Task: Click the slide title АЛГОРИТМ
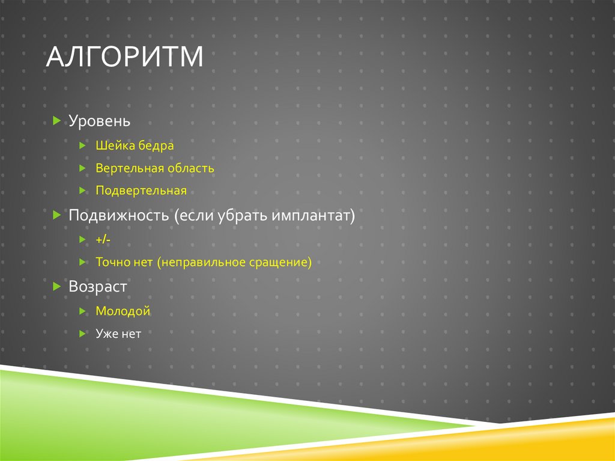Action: click(125, 58)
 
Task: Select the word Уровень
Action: click(99, 121)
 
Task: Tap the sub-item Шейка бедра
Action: click(135, 145)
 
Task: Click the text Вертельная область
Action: click(154, 168)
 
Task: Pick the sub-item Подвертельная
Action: click(141, 191)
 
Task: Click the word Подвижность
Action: click(120, 215)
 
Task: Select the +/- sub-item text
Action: click(103, 240)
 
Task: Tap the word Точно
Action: click(111, 263)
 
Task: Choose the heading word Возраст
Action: click(98, 287)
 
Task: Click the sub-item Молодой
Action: click(123, 311)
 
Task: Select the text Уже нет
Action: click(118, 334)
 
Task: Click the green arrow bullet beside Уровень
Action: click(56, 121)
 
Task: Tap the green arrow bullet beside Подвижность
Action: click(56, 215)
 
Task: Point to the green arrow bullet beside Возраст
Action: click(56, 287)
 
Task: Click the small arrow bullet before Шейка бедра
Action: click(83, 145)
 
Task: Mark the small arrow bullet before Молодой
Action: click(83, 311)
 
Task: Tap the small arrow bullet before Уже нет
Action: click(83, 334)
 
